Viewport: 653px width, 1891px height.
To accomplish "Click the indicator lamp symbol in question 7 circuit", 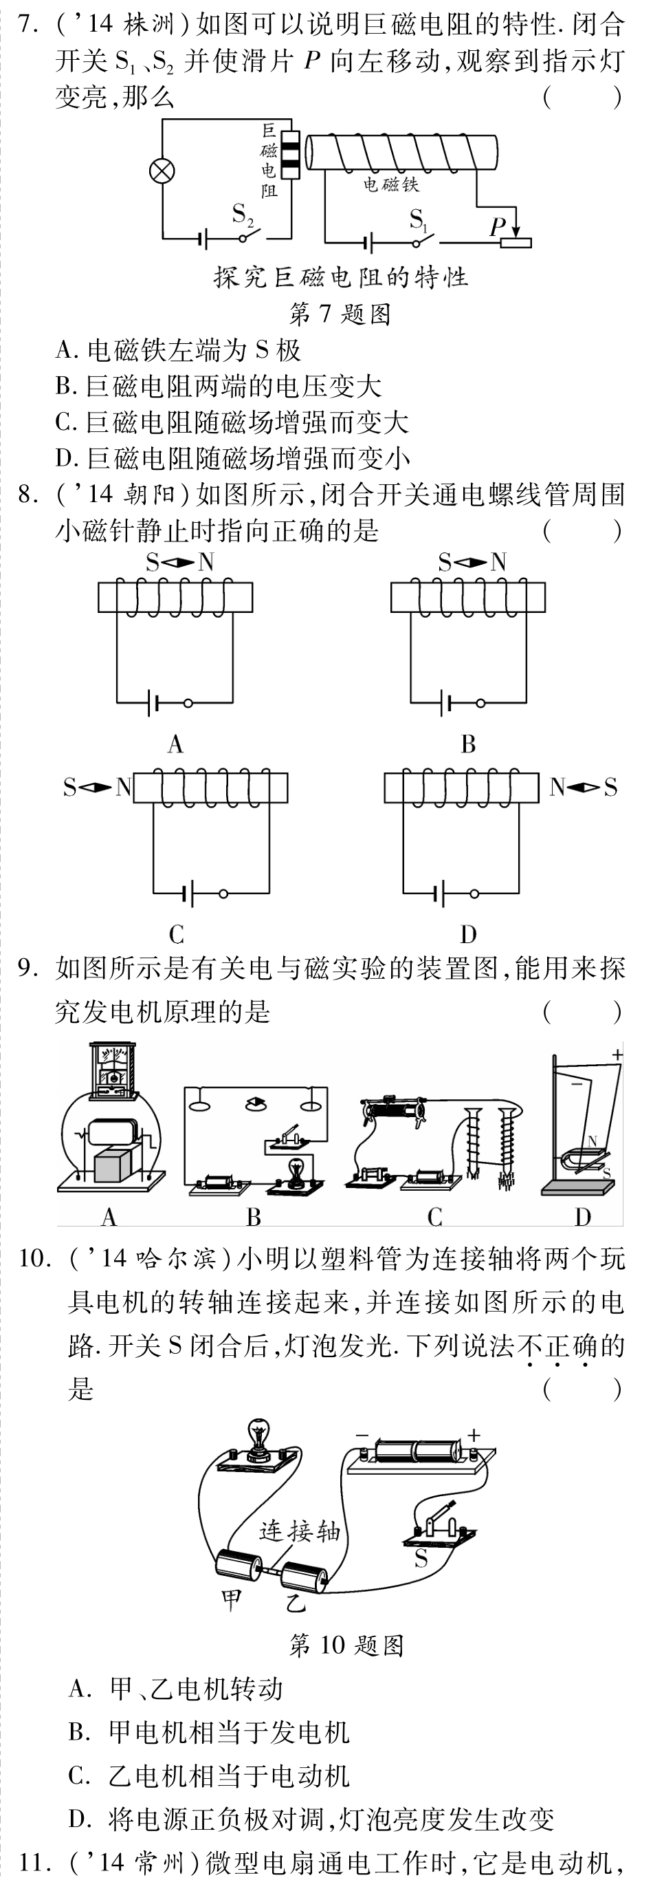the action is (x=162, y=172).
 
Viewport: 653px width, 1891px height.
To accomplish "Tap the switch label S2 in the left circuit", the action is (x=242, y=215).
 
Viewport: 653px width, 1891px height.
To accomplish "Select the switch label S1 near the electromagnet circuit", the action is (x=417, y=219).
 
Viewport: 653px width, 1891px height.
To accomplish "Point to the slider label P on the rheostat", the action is (x=498, y=227).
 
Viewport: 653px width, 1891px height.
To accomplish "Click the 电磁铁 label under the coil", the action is (x=390, y=184).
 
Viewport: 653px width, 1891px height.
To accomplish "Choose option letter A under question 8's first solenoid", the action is (x=175, y=744).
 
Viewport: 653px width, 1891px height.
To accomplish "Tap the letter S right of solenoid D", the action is (x=610, y=788).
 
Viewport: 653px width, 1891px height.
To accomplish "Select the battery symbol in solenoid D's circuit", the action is (x=439, y=894).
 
